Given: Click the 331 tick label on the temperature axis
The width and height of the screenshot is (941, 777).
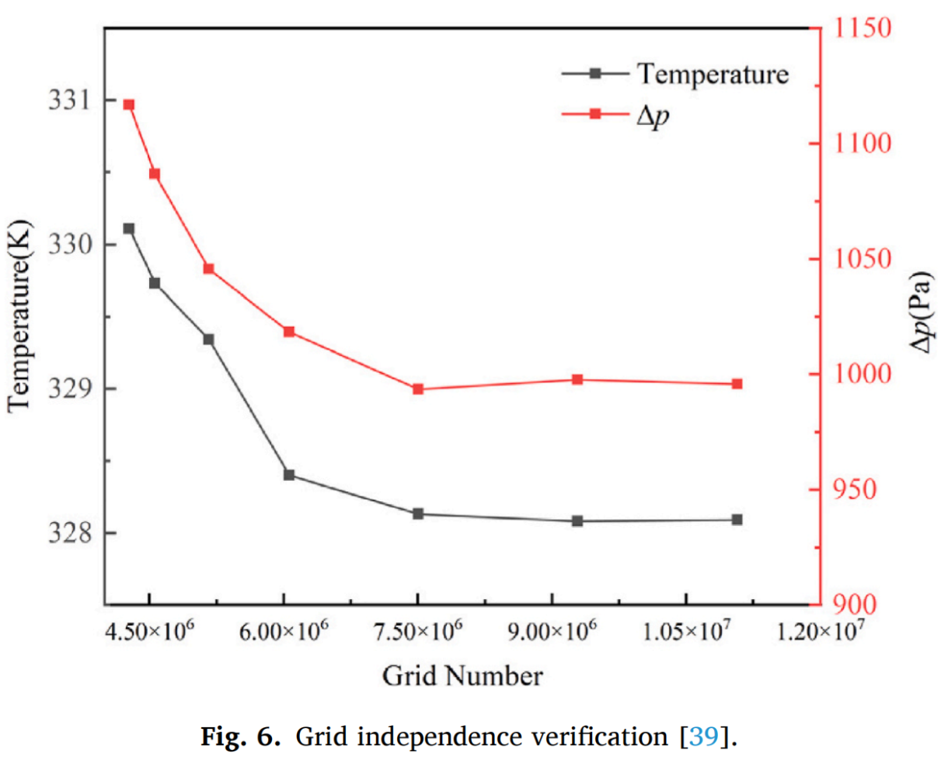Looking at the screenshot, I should pos(69,101).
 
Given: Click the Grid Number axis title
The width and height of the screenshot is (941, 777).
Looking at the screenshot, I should pos(462,675).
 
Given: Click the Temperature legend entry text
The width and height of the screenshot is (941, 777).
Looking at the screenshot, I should pos(713,74).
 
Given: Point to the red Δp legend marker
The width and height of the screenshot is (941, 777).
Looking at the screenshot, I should pos(595,114).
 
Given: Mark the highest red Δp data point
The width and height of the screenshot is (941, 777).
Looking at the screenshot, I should pos(129,104).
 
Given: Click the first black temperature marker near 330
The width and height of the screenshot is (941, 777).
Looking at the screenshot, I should pos(129,228).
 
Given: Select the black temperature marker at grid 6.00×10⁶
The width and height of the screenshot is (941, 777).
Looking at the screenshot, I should pos(289,475).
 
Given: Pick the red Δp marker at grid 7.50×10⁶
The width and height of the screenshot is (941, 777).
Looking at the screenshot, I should pos(418,388).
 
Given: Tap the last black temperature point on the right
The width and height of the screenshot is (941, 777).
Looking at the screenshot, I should pos(737,519).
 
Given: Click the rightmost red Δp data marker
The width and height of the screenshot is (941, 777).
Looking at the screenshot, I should pos(737,384).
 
